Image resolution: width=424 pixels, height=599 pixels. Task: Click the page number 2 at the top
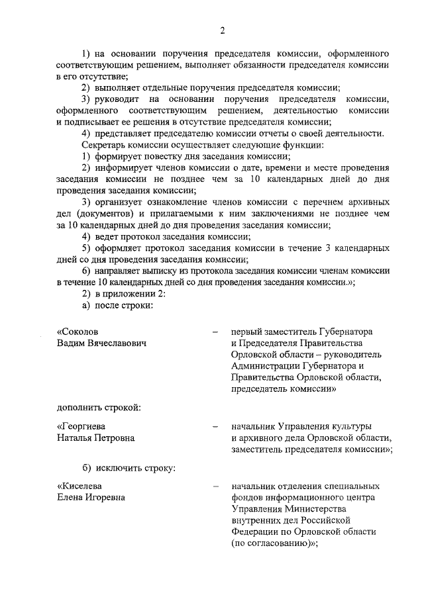(223, 29)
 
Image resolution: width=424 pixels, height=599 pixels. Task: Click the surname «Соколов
(81, 331)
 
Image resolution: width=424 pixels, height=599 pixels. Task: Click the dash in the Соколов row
(215, 332)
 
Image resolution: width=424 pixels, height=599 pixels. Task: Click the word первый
(246, 331)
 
